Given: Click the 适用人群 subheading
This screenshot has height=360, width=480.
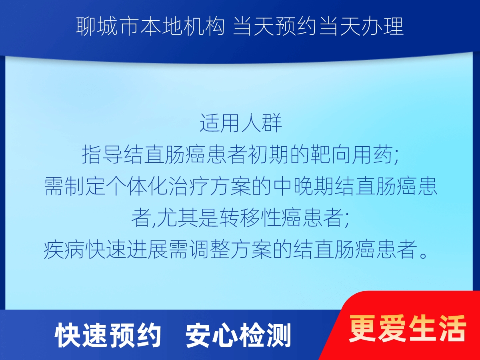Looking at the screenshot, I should point(241,124).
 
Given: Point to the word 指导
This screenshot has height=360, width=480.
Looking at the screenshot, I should point(98,155).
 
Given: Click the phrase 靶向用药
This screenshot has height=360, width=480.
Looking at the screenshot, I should point(350,155).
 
